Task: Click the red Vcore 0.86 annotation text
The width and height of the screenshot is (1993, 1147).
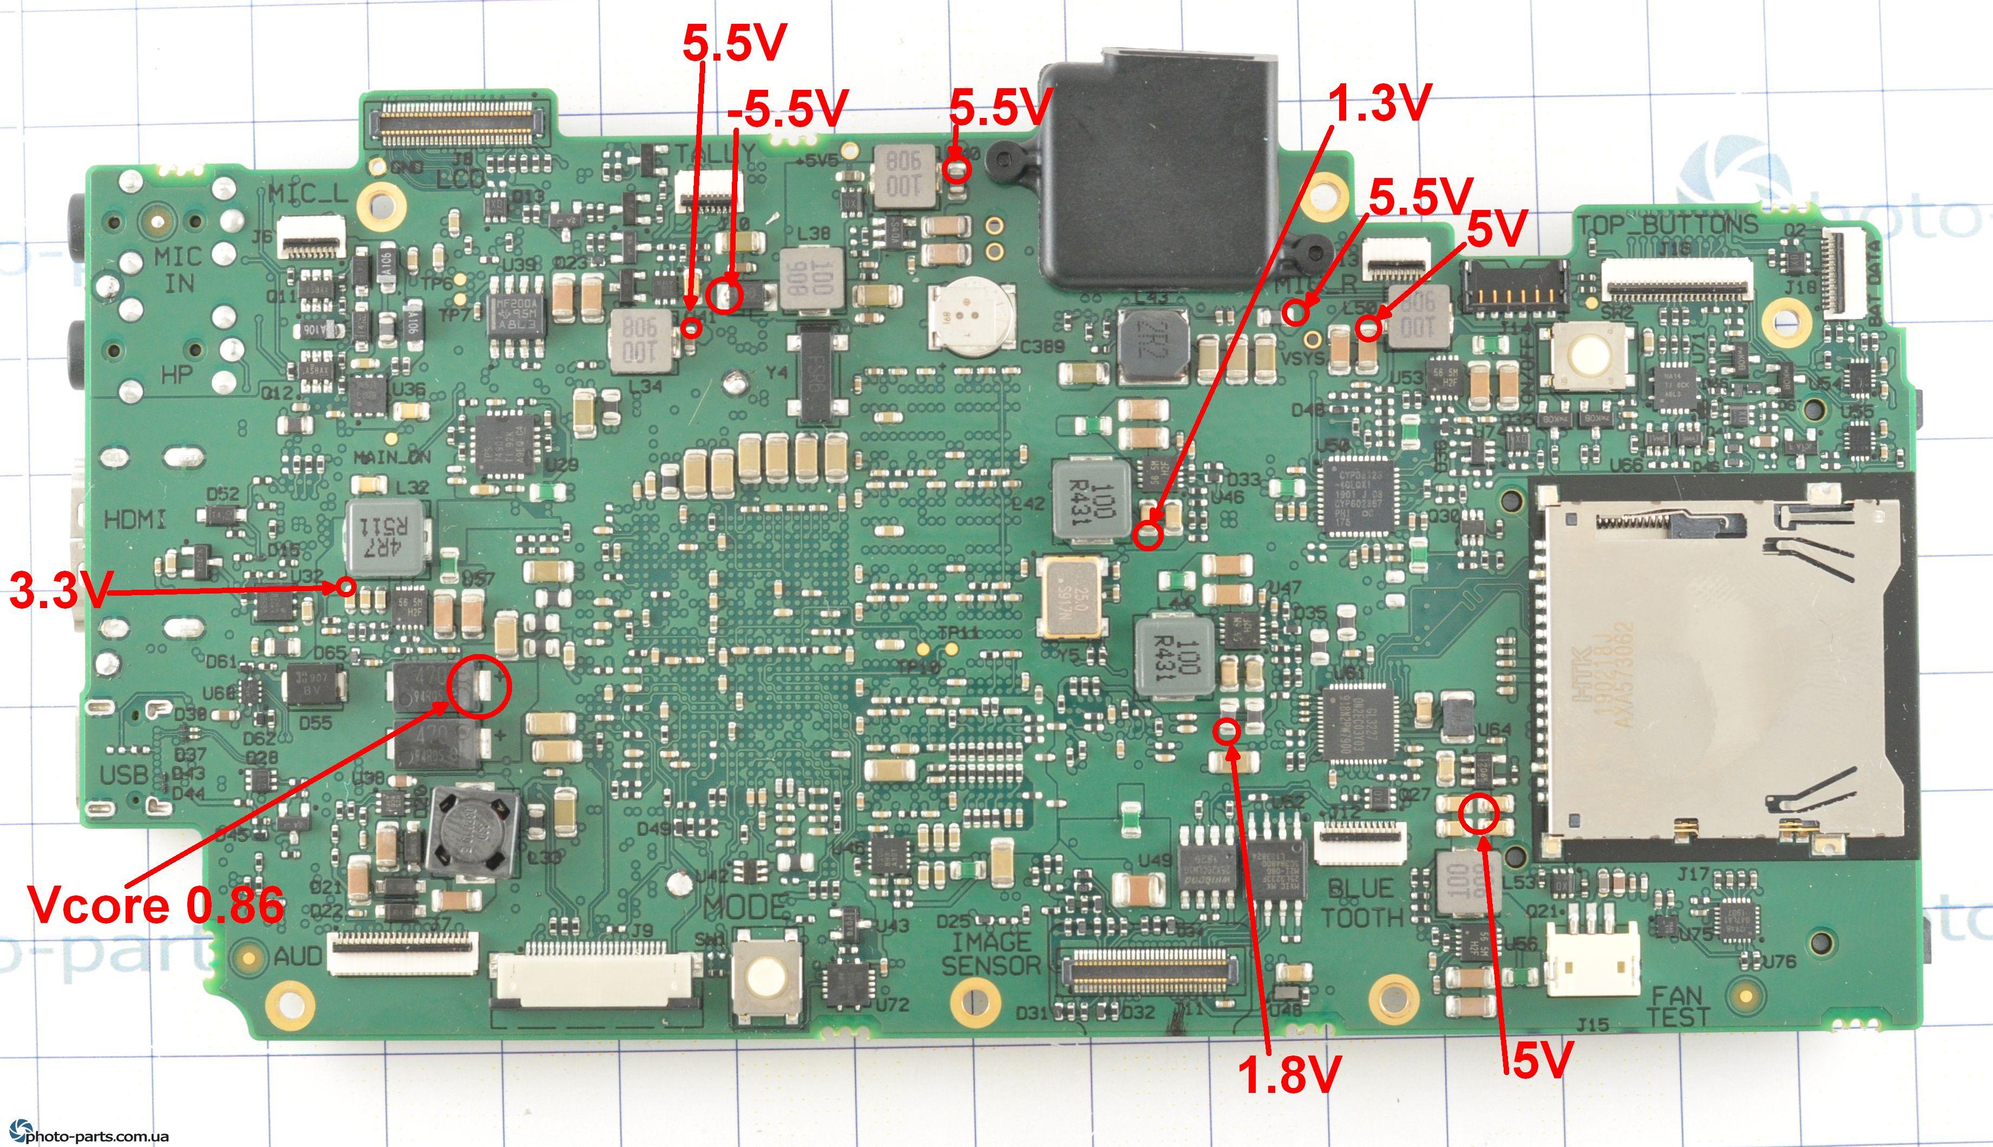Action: pos(155,905)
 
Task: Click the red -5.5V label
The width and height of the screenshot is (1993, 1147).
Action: pos(787,109)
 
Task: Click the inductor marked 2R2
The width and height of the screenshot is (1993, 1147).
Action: pos(1153,345)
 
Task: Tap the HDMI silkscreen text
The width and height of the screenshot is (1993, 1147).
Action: pos(135,520)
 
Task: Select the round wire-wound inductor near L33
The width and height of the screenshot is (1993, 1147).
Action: pos(471,834)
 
